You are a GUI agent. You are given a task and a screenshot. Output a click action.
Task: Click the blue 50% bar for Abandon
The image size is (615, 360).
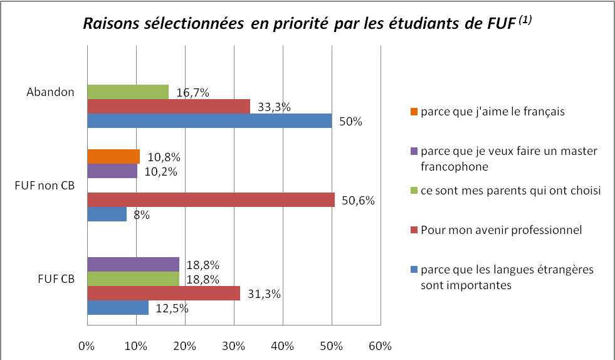tap(209, 121)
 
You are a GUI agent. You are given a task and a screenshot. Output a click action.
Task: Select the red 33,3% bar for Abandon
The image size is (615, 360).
tap(168, 107)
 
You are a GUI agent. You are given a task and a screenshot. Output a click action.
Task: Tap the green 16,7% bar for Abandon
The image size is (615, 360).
tap(128, 92)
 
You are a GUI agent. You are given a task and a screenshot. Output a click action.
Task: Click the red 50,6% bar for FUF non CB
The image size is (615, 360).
tap(211, 200)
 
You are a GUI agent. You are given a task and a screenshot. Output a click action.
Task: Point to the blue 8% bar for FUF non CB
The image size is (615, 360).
tap(107, 214)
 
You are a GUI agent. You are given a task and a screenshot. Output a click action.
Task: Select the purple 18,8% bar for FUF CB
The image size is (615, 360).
tap(133, 264)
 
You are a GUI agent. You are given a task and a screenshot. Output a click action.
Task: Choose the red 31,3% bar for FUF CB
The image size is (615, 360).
tap(163, 293)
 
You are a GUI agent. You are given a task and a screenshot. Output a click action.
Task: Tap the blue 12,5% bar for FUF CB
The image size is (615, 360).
tap(118, 308)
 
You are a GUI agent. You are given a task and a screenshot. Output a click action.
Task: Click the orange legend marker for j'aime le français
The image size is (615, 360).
tap(413, 112)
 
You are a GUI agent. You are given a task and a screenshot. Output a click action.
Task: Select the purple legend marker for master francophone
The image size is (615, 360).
tap(413, 151)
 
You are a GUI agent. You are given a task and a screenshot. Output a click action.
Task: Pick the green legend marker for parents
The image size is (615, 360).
tap(413, 191)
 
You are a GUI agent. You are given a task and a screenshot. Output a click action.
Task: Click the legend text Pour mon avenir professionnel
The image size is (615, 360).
tap(502, 230)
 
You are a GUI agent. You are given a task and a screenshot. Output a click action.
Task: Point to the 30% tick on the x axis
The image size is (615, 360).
tap(234, 346)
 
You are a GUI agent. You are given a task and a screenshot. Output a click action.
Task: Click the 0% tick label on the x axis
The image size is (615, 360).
tap(87, 346)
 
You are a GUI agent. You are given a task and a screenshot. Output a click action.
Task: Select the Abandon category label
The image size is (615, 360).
tap(50, 92)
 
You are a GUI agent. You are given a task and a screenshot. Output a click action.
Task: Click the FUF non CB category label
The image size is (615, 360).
tap(45, 186)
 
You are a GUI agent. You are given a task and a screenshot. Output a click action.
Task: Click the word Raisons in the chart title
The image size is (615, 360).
tap(106, 23)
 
